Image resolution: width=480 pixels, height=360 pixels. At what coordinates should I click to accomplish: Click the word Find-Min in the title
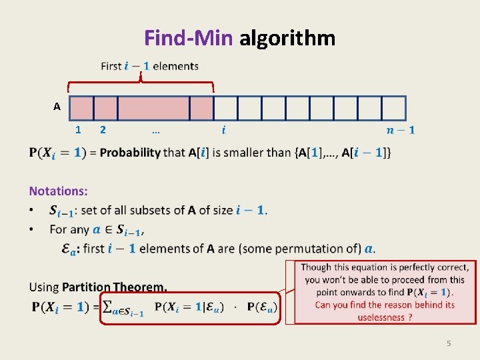[188, 38]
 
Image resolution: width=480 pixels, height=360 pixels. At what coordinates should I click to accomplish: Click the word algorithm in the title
[287, 38]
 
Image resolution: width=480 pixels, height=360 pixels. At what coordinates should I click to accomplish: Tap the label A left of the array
[57, 107]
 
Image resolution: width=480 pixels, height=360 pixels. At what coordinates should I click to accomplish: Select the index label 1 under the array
[79, 130]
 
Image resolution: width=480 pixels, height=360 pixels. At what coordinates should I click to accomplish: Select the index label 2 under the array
[102, 130]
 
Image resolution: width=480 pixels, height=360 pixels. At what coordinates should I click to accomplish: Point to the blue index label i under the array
[224, 130]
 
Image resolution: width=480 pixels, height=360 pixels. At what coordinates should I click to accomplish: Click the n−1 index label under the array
[400, 130]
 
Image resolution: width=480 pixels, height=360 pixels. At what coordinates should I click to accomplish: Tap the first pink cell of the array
[81, 107]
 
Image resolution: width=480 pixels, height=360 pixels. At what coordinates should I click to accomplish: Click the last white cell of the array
[393, 107]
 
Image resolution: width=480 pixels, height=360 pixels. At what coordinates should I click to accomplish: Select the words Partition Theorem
[114, 287]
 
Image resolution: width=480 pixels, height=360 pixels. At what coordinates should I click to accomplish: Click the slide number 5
[449, 343]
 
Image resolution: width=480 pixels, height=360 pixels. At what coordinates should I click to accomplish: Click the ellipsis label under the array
[155, 130]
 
